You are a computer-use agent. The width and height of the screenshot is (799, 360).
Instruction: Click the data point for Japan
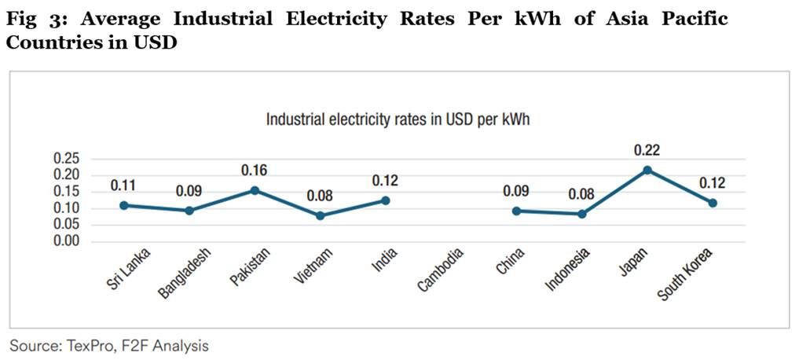647,170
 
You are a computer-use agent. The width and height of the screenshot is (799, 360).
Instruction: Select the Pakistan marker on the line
255,190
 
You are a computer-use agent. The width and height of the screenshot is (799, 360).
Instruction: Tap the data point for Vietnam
320,215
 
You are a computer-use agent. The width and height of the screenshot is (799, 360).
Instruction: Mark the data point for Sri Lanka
124,205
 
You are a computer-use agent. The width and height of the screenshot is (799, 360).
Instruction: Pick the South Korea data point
713,203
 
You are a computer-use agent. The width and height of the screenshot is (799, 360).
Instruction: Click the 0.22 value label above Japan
647,149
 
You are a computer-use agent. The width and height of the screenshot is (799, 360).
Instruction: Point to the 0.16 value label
255,170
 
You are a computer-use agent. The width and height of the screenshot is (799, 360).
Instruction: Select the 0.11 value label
123,186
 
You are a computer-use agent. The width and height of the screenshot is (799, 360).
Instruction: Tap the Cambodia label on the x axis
441,270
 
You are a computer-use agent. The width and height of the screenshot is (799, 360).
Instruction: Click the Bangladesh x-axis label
178,272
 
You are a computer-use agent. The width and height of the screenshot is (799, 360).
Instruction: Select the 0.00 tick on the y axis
67,241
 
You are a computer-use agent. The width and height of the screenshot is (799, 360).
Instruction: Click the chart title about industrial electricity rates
401,120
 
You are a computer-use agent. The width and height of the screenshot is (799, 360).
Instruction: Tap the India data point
385,200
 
